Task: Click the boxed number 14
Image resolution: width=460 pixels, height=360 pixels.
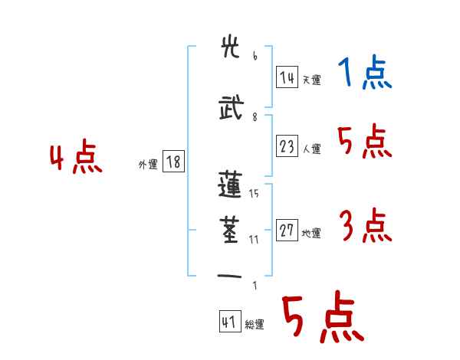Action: [x=287, y=78]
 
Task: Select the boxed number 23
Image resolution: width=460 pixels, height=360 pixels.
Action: [x=287, y=147]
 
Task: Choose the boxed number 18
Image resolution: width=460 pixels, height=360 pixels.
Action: [x=173, y=162]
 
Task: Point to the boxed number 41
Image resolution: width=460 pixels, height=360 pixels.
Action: [x=229, y=322]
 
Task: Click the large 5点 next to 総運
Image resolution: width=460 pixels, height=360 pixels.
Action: [x=322, y=319]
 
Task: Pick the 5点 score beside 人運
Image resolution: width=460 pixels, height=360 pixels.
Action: [x=364, y=142]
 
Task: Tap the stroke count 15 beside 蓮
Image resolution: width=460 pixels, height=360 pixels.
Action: [x=254, y=193]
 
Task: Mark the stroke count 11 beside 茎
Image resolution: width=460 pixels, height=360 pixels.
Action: [x=254, y=239]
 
